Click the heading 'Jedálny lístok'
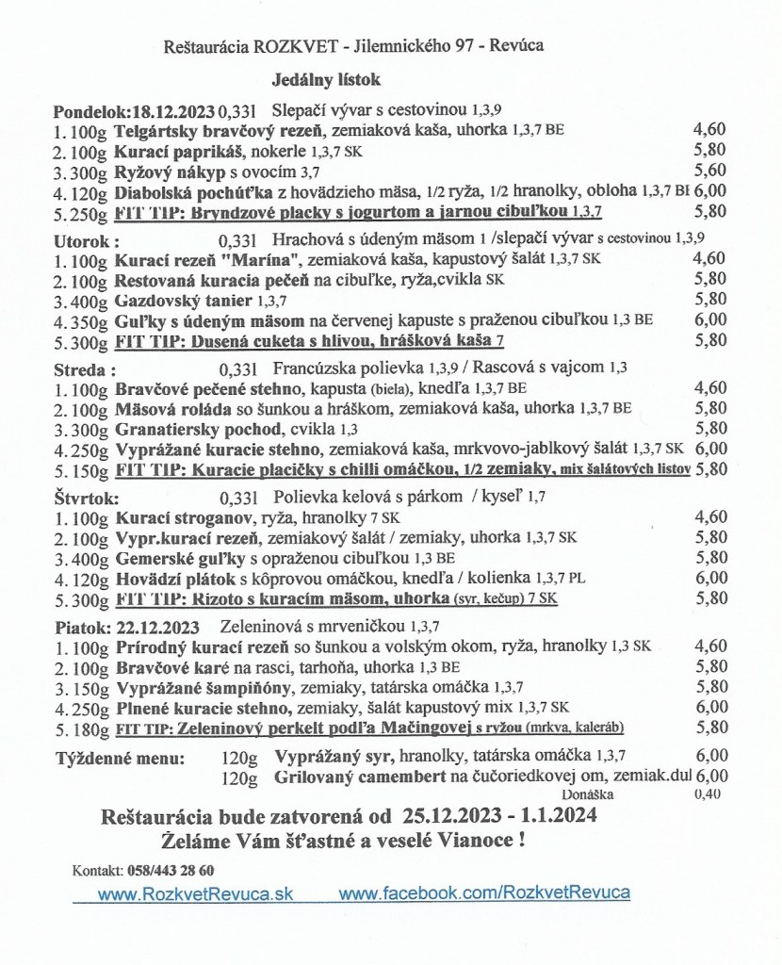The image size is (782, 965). (x=315, y=81)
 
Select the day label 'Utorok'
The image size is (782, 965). (x=82, y=239)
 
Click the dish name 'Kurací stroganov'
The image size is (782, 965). (x=175, y=517)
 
